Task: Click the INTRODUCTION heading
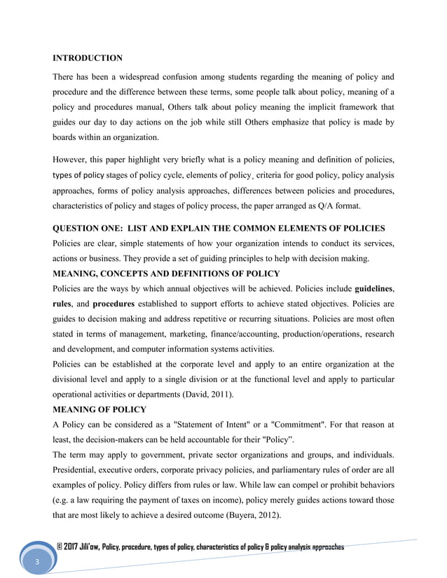(88, 57)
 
